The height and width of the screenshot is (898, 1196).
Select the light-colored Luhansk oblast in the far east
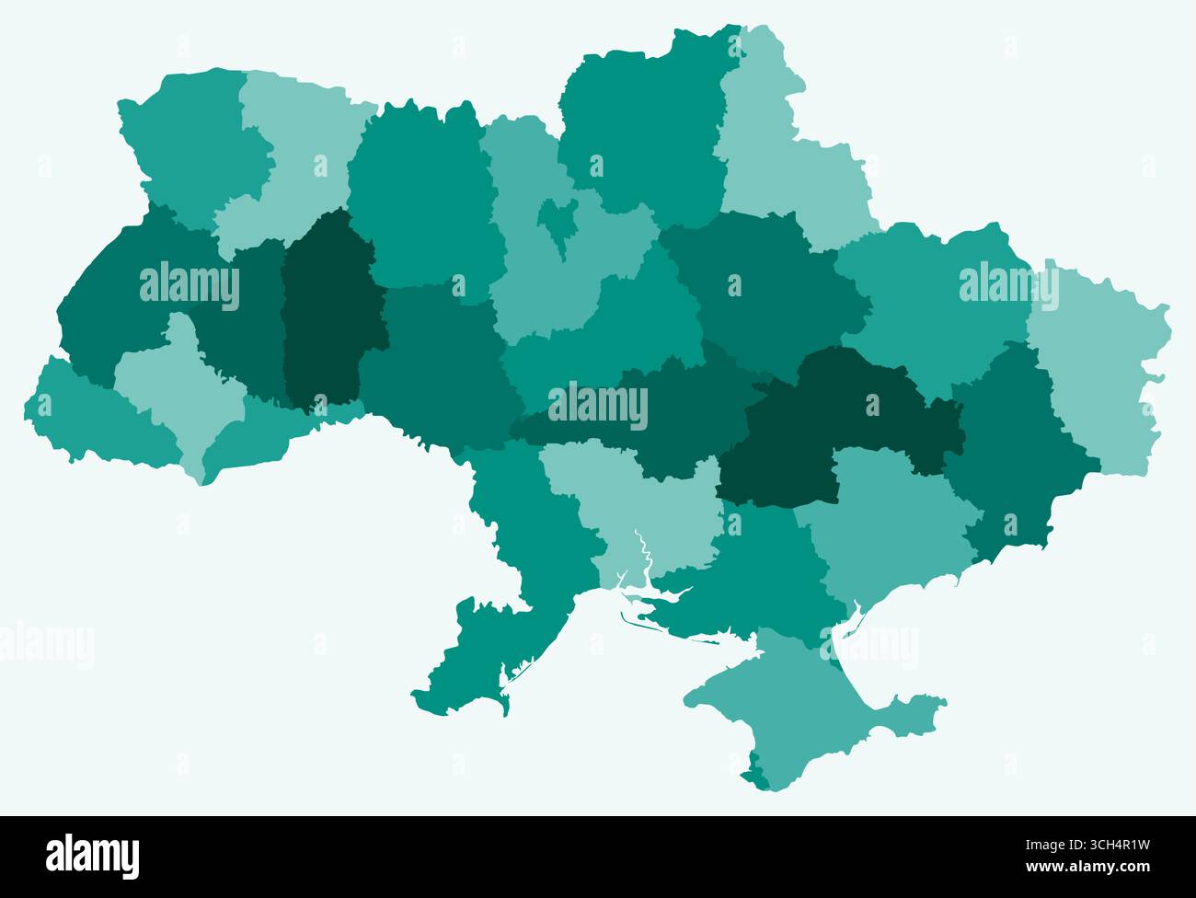1095,368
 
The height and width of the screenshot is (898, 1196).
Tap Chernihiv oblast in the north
644,120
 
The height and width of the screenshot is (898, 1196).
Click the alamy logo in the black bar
92,856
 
